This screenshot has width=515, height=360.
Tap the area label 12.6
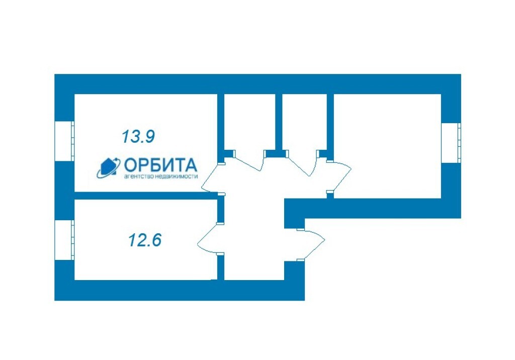[x=145, y=240]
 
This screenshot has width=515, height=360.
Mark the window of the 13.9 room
[x=64, y=142]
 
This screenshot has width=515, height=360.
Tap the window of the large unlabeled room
[x=451, y=143]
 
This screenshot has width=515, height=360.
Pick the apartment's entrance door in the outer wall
[x=311, y=244]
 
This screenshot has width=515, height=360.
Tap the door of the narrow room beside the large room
[x=301, y=165]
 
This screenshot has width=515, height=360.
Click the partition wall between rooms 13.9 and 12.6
[x=146, y=196]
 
